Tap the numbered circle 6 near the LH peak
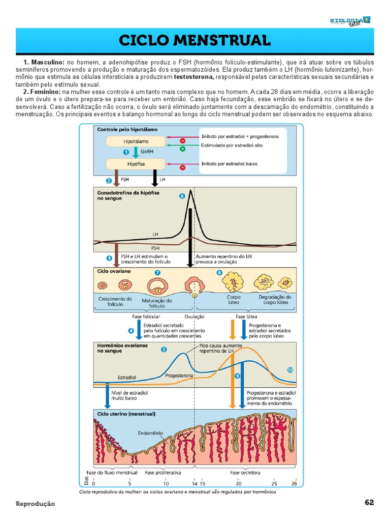182,196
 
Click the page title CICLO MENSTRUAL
195,41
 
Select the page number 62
369,503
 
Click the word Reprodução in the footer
35,504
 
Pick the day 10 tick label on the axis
166,483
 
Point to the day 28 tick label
294,483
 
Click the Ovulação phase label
194,316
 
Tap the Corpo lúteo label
234,300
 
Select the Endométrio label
151,433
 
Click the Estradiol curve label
127,378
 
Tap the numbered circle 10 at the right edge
290,370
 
